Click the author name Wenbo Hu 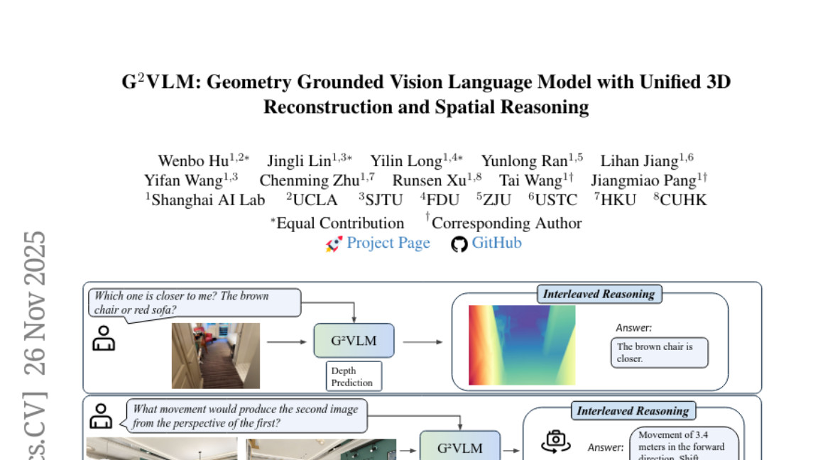tap(188, 161)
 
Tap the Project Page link tap(388, 243)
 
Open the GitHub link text tap(496, 243)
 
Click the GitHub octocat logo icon tap(460, 244)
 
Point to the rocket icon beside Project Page tap(334, 244)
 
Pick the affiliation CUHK tap(683, 199)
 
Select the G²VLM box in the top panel tap(354, 341)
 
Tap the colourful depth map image tap(522, 345)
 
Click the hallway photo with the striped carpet tap(216, 356)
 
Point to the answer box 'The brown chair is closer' tap(660, 353)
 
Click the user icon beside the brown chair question tap(104, 338)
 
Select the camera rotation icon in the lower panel tap(556, 441)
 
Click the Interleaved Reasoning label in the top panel tap(599, 294)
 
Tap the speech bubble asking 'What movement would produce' tap(246, 417)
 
